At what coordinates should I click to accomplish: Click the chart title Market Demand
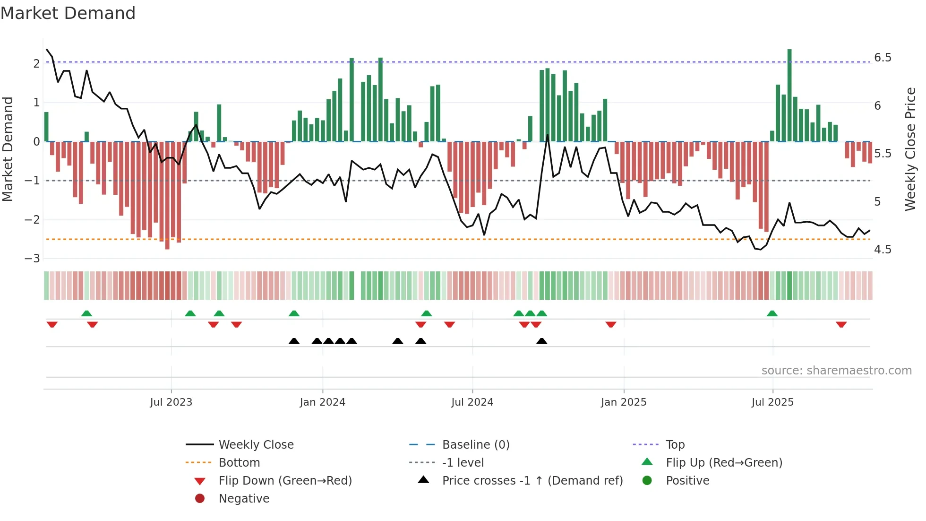click(68, 13)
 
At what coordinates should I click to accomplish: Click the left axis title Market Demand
click(8, 149)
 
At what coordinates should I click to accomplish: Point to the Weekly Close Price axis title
click(910, 149)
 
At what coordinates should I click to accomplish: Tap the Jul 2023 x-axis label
click(171, 402)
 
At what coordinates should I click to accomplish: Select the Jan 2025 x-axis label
click(624, 402)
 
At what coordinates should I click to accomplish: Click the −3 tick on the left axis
click(32, 259)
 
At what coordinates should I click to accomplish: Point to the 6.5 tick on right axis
click(883, 58)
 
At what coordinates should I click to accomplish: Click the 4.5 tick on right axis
click(883, 250)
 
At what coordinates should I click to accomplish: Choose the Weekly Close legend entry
click(256, 445)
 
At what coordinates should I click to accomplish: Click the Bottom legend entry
click(239, 463)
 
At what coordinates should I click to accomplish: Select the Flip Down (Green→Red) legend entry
click(285, 481)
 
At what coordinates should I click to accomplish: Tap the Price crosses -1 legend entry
click(532, 481)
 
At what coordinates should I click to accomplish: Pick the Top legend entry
click(675, 445)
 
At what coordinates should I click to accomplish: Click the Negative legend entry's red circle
click(200, 499)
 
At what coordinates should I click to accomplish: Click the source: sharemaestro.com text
click(836, 371)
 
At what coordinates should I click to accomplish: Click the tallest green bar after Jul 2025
click(789, 95)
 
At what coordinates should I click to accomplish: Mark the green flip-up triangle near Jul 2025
click(772, 313)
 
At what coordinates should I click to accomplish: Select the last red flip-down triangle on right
click(841, 324)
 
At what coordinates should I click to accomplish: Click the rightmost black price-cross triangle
click(542, 341)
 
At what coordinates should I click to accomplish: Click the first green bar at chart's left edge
click(46, 127)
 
